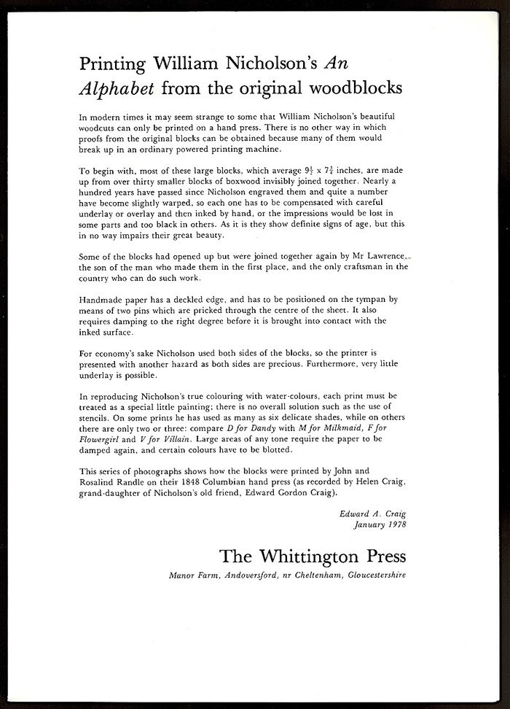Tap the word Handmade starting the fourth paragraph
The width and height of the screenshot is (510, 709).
point(105,299)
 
